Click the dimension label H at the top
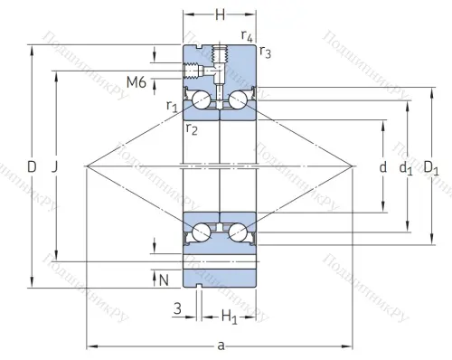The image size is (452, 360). tap(220, 15)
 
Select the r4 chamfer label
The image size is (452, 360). tap(247, 35)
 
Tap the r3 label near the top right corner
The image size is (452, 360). tap(264, 52)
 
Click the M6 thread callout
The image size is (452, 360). tap(137, 82)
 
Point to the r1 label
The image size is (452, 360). tap(172, 107)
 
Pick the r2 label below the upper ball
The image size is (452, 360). tap(192, 129)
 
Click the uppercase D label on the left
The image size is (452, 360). tap(33, 166)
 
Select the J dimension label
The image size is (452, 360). tap(56, 167)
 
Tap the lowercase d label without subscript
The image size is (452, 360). tap(382, 167)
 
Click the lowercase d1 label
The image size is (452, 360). tap(406, 167)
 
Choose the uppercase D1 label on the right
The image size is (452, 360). tap(431, 167)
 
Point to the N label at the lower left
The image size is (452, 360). tap(164, 279)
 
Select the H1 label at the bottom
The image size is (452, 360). tap(230, 317)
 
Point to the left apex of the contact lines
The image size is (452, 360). tap(87, 166)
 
